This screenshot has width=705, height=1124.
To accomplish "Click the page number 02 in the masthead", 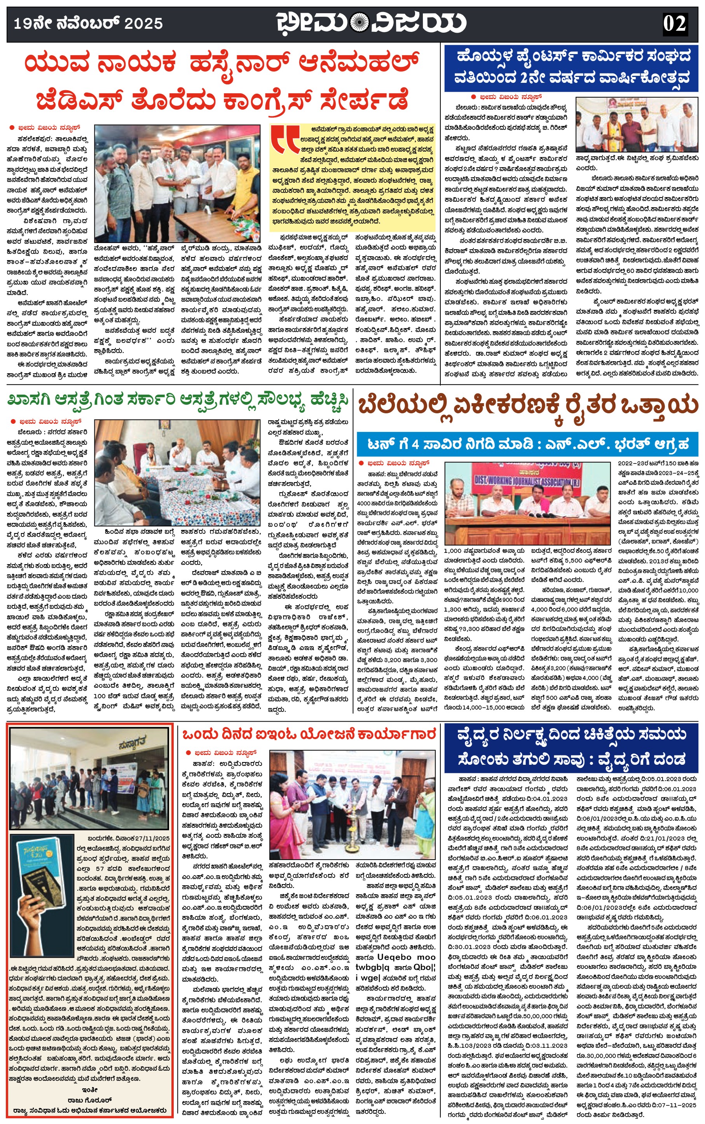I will [x=674, y=23].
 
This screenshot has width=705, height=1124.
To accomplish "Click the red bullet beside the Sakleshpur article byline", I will [x=12, y=127].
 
